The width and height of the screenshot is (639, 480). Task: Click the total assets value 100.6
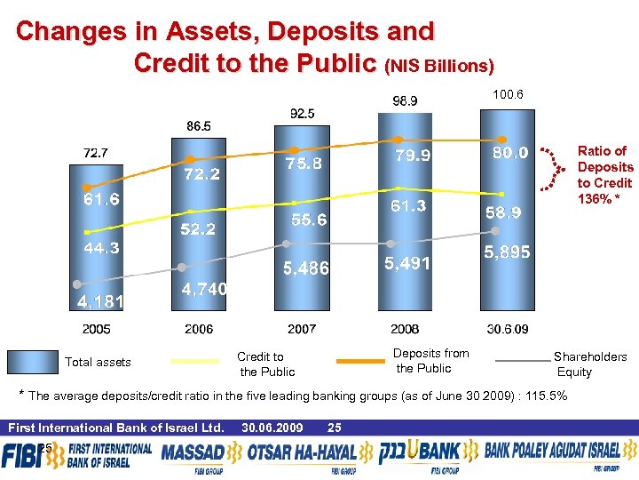509,94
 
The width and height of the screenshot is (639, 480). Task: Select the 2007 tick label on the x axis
302,329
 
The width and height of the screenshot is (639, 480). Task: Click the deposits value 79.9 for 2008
413,156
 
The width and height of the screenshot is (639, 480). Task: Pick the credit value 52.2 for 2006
198,229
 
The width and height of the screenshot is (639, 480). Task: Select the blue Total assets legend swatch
32,362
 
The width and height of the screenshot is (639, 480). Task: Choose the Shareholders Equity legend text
590,364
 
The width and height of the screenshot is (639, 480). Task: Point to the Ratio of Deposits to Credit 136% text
605,173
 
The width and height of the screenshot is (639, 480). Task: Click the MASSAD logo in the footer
194,454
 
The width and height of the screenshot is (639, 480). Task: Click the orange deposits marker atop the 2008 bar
399,140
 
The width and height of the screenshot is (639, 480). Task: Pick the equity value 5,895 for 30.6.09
507,252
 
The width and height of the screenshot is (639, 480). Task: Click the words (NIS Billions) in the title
439,66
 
